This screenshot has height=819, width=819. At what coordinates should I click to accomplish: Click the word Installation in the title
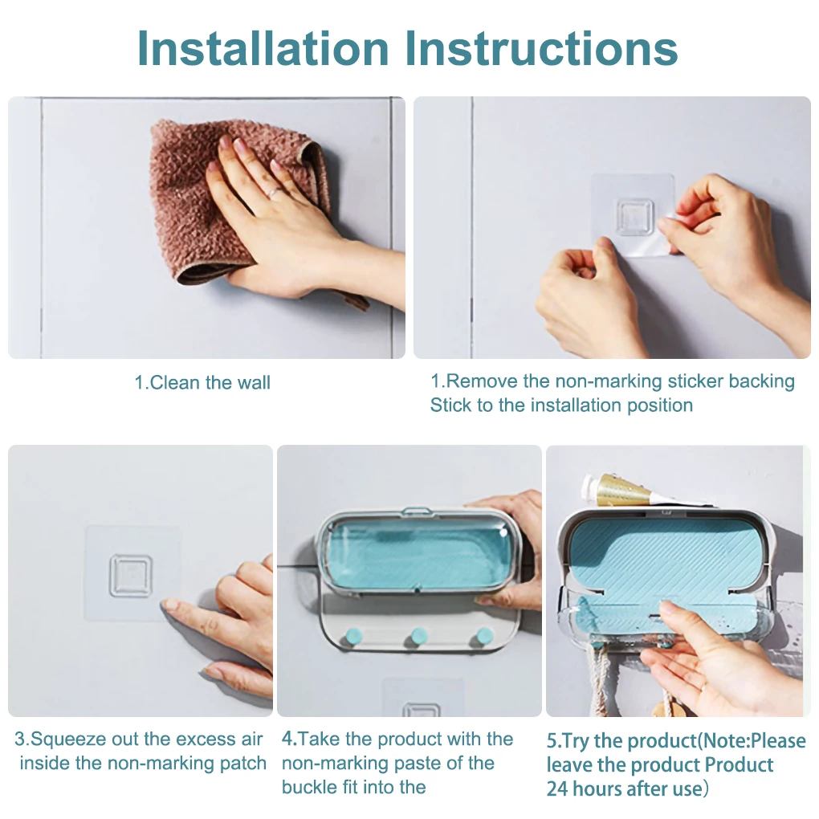263,48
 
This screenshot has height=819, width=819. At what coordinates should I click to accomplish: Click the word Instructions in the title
541,48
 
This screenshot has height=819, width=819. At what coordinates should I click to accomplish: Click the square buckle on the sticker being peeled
634,217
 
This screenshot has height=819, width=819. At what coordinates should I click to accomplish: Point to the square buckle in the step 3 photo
131,577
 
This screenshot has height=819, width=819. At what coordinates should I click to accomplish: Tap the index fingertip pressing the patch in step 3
168,605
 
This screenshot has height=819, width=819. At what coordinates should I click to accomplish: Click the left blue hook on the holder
351,638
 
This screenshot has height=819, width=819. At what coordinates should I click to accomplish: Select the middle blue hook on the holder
418,637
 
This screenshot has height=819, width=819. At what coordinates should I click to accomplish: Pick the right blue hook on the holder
484,637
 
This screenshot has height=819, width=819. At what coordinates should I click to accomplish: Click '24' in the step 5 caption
557,788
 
